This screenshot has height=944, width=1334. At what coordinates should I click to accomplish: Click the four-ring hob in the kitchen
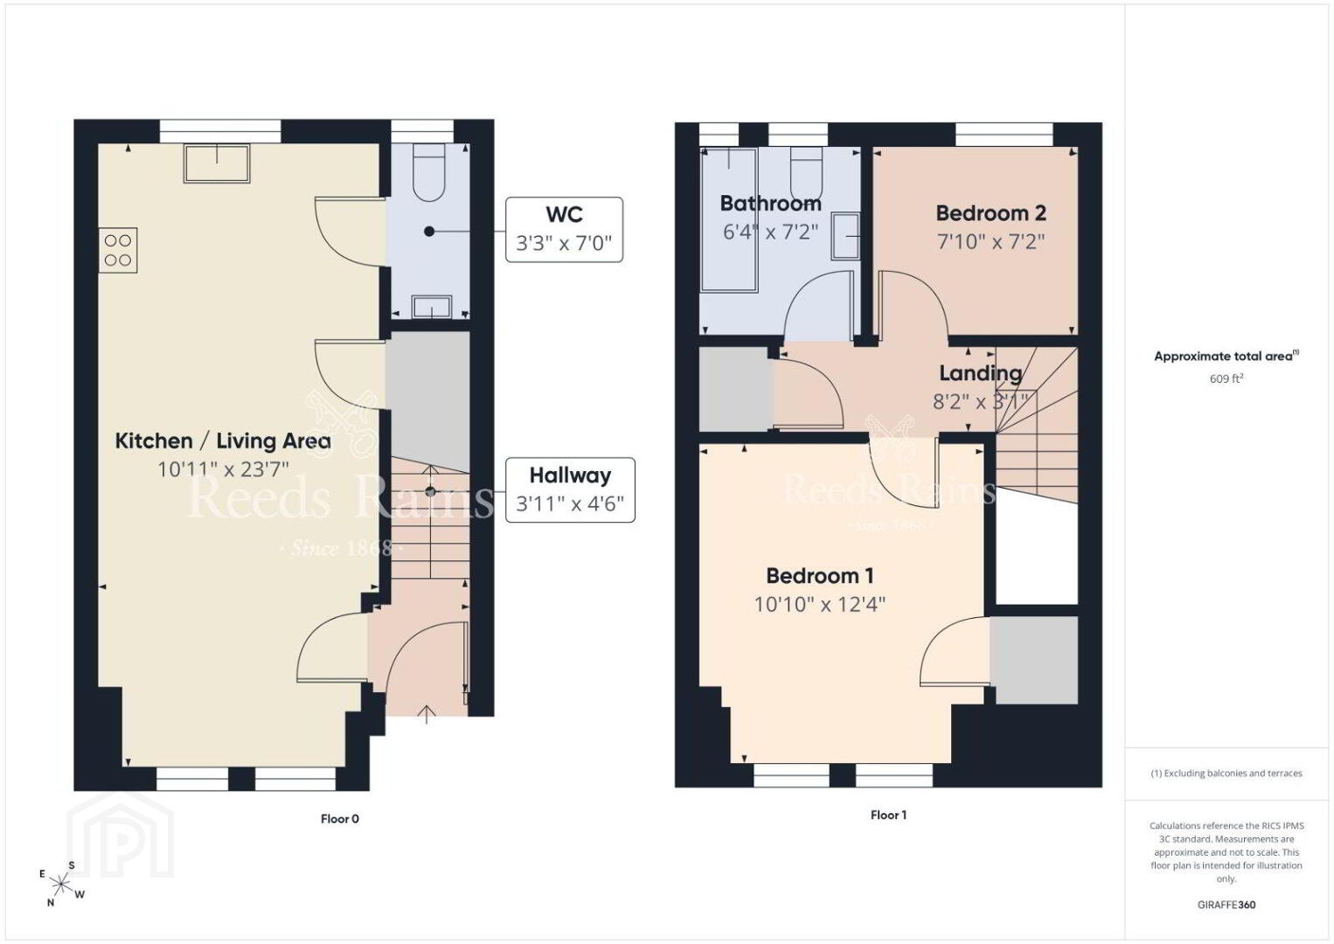[118, 250]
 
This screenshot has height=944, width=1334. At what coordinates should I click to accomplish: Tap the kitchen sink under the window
[217, 163]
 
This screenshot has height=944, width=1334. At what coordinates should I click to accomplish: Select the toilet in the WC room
[428, 172]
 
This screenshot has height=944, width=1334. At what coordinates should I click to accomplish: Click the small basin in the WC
[429, 307]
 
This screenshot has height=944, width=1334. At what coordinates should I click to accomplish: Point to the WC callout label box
[564, 229]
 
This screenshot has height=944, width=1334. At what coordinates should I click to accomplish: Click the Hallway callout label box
[570, 489]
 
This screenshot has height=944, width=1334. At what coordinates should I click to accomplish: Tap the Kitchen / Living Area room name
[223, 441]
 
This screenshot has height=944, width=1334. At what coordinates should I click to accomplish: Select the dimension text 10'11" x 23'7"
[223, 469]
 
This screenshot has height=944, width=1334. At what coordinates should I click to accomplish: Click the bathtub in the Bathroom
[729, 220]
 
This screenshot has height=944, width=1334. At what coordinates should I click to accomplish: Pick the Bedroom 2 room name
[991, 212]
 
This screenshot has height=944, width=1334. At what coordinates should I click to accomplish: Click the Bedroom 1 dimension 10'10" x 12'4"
[819, 605]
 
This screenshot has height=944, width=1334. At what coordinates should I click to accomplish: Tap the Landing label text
[980, 373]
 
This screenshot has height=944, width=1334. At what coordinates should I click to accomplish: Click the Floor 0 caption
[339, 819]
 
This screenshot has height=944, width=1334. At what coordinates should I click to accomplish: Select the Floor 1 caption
[888, 815]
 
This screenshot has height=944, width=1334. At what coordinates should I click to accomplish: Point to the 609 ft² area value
[1226, 378]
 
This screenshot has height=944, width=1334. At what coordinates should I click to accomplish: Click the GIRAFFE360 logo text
[1226, 905]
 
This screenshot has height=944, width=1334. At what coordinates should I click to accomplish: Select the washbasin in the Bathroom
[845, 237]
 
